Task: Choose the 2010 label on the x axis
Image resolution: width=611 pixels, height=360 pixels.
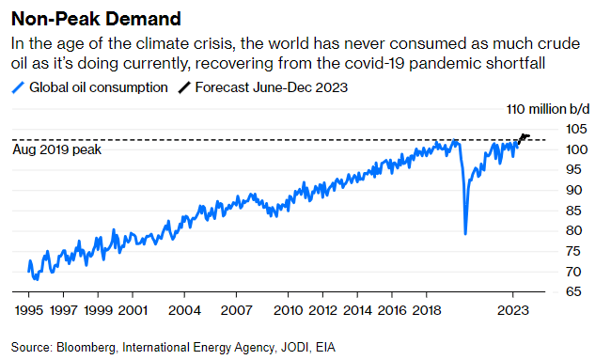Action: (x=288, y=309)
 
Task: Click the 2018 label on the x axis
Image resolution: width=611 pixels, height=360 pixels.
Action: (x=428, y=309)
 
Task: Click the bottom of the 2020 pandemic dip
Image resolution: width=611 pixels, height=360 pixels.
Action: (x=465, y=232)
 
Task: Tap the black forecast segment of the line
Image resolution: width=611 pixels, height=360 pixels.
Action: (x=525, y=137)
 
